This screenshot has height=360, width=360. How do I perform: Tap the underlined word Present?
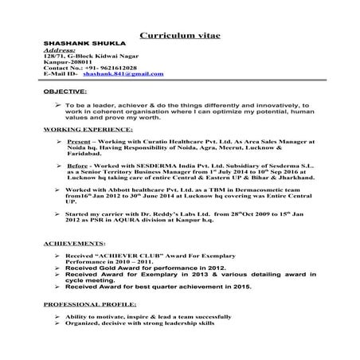pos(80,140)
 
